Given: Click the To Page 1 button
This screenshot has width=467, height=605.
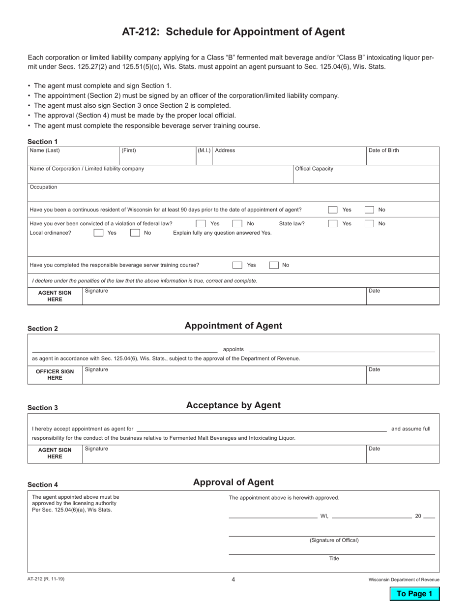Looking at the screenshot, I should pos(414,594).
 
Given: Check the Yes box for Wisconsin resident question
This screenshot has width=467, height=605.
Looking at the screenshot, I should pos(333,210).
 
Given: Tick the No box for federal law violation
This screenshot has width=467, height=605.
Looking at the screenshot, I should pos(237,223).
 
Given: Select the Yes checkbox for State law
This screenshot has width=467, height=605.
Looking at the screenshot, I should pos(333,223).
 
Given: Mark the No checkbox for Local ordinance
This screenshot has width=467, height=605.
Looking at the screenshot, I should pos(135,233).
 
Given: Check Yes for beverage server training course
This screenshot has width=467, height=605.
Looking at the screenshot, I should pos(237,265).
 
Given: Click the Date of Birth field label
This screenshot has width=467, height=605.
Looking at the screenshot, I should pos(383,151).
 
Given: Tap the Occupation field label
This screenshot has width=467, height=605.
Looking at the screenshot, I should pos(43,187).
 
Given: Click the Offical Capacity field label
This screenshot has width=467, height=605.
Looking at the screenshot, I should pos(314,169).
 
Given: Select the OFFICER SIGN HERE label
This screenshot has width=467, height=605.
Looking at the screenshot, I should pos(55,375).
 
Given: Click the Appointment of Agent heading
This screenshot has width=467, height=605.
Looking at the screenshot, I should pos(233,326).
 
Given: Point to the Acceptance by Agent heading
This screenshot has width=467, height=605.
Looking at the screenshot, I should pos(233,405).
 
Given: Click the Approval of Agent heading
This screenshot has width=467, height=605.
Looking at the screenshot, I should pos(233,482).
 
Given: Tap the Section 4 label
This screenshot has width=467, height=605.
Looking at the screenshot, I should pos(42,484).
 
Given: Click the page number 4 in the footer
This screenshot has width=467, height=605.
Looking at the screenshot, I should pos(233,579).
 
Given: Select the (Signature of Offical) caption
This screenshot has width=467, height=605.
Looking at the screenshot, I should pos(334,540).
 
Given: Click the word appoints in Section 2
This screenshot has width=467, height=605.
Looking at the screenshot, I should pos(233,349).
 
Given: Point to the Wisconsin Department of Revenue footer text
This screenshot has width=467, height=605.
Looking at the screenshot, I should pos(404,579).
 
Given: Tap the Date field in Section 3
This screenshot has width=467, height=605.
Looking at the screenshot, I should pos(402,454).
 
